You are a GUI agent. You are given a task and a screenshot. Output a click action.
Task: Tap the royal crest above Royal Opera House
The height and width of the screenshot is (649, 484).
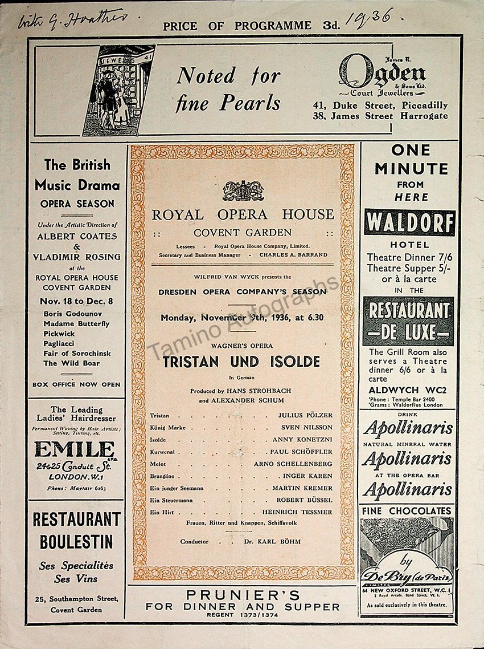click(x=243, y=190)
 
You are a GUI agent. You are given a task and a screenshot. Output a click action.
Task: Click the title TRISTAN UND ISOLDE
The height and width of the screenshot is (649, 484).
click(x=241, y=362)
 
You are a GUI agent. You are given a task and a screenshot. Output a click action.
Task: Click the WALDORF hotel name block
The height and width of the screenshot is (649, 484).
click(x=409, y=222)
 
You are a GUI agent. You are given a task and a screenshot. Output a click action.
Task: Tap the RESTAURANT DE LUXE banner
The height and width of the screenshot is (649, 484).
click(x=409, y=321)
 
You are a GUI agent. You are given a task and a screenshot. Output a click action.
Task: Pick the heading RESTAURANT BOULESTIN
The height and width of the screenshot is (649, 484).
click(x=76, y=530)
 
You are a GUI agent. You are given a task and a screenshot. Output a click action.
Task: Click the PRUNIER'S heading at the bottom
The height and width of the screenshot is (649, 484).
click(x=243, y=595)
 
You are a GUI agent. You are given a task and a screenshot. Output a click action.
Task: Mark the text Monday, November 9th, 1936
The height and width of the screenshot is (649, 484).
click(x=242, y=318)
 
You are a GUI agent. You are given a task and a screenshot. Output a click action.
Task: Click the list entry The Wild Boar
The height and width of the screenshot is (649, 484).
click(x=72, y=363)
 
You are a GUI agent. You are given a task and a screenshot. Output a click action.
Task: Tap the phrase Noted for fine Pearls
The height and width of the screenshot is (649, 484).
click(x=228, y=88)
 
